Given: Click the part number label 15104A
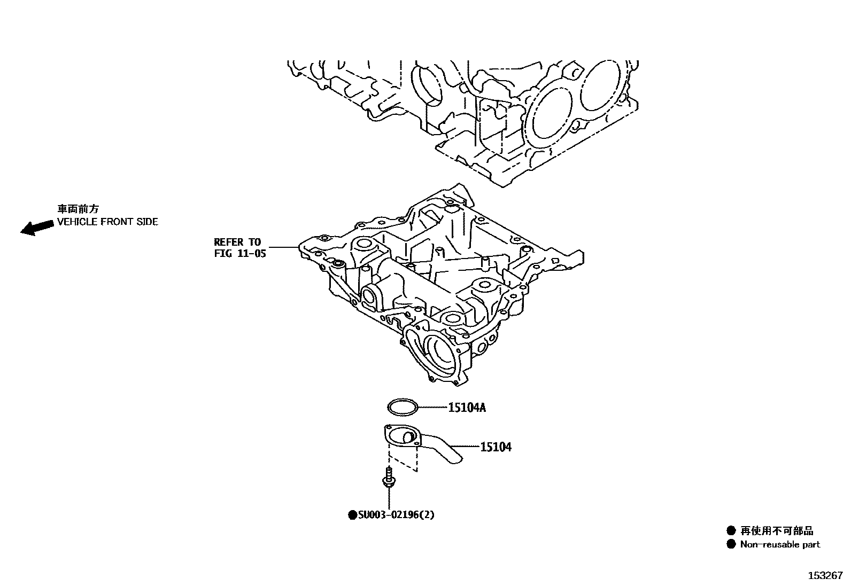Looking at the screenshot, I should [467, 408].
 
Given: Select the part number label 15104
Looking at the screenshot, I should [496, 447].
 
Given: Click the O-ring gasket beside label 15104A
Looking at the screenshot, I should [403, 408].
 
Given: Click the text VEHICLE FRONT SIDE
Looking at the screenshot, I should [107, 222].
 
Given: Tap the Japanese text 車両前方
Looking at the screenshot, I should [78, 209].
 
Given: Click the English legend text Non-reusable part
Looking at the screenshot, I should [779, 545].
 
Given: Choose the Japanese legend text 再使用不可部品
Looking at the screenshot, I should [776, 531].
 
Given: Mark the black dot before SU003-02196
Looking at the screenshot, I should [352, 515].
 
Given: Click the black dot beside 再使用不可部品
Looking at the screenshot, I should [731, 531].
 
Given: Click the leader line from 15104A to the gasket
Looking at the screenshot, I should [432, 408].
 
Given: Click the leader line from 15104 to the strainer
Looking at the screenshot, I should [464, 446].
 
